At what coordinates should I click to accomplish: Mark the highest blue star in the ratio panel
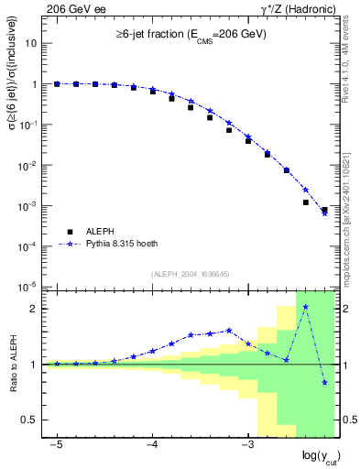coord(305,307)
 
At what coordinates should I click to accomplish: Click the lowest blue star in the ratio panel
coord(324,382)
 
